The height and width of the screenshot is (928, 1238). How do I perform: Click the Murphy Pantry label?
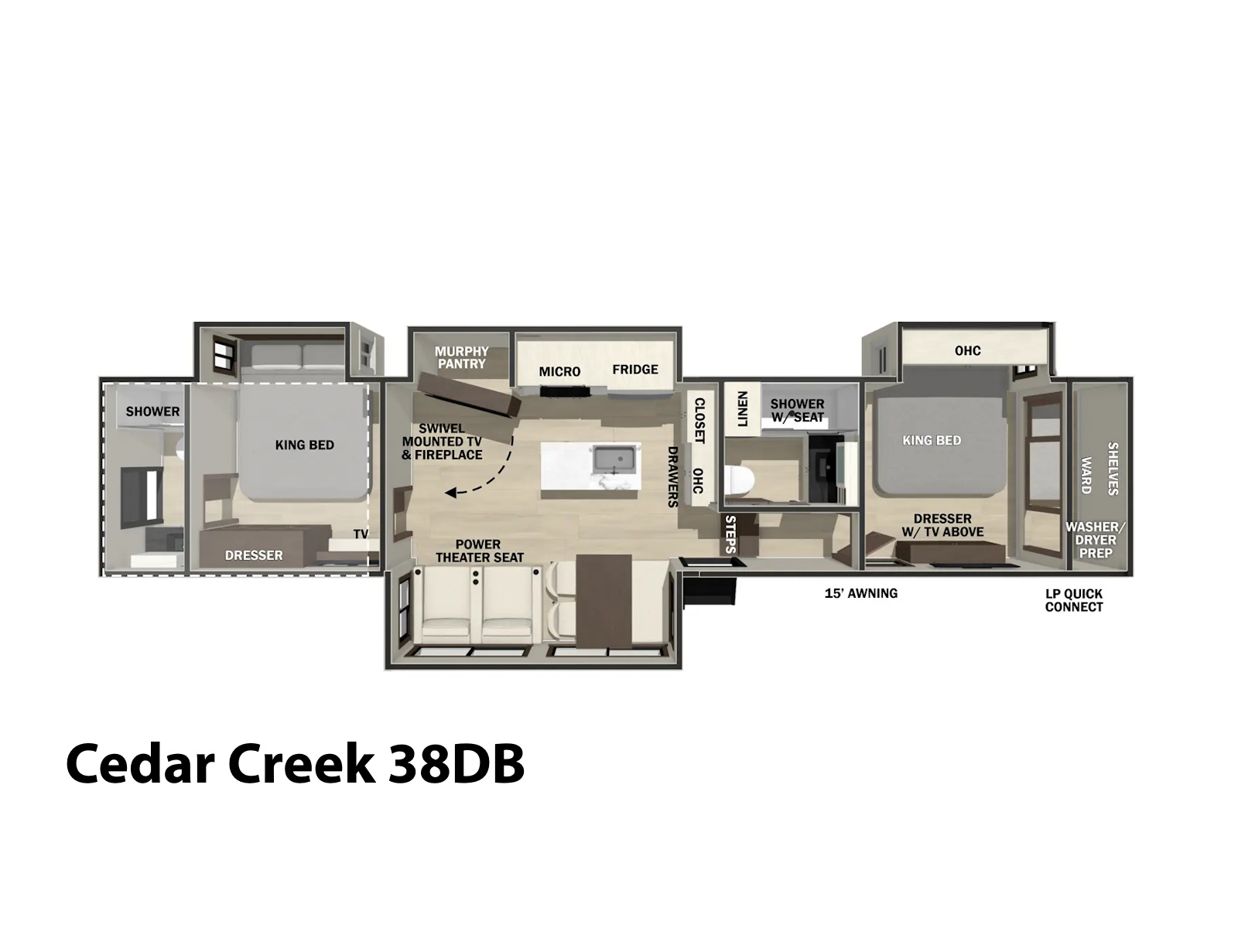tap(461, 358)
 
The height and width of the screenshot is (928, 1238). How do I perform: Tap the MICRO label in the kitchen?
tap(559, 372)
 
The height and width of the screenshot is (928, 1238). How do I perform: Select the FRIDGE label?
tap(635, 370)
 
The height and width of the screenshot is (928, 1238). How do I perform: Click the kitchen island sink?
tap(615, 459)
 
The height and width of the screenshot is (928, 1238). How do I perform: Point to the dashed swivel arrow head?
tap(450, 493)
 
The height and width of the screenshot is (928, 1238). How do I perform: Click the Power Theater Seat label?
tap(480, 551)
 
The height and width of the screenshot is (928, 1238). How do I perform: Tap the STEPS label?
tap(730, 534)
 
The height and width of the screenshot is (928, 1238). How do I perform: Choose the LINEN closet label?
tap(742, 409)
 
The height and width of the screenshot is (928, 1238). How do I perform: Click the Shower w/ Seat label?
tap(797, 411)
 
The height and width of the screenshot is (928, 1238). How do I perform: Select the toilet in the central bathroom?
tap(740, 480)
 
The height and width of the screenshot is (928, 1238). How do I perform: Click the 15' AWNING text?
tap(860, 593)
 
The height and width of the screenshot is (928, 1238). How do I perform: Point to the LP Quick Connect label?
tap(1074, 601)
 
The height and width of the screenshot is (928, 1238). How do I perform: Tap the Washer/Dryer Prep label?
tap(1096, 541)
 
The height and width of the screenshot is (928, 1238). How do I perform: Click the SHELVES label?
tap(1113, 469)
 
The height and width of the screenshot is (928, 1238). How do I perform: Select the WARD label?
tap(1086, 476)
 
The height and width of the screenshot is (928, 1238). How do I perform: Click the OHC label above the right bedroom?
tap(968, 350)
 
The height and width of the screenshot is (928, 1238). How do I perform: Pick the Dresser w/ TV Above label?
tap(942, 525)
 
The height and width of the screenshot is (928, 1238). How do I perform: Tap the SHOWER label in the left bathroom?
tap(153, 412)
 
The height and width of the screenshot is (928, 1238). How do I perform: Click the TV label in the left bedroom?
tap(361, 534)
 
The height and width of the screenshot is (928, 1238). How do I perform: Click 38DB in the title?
tap(457, 764)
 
